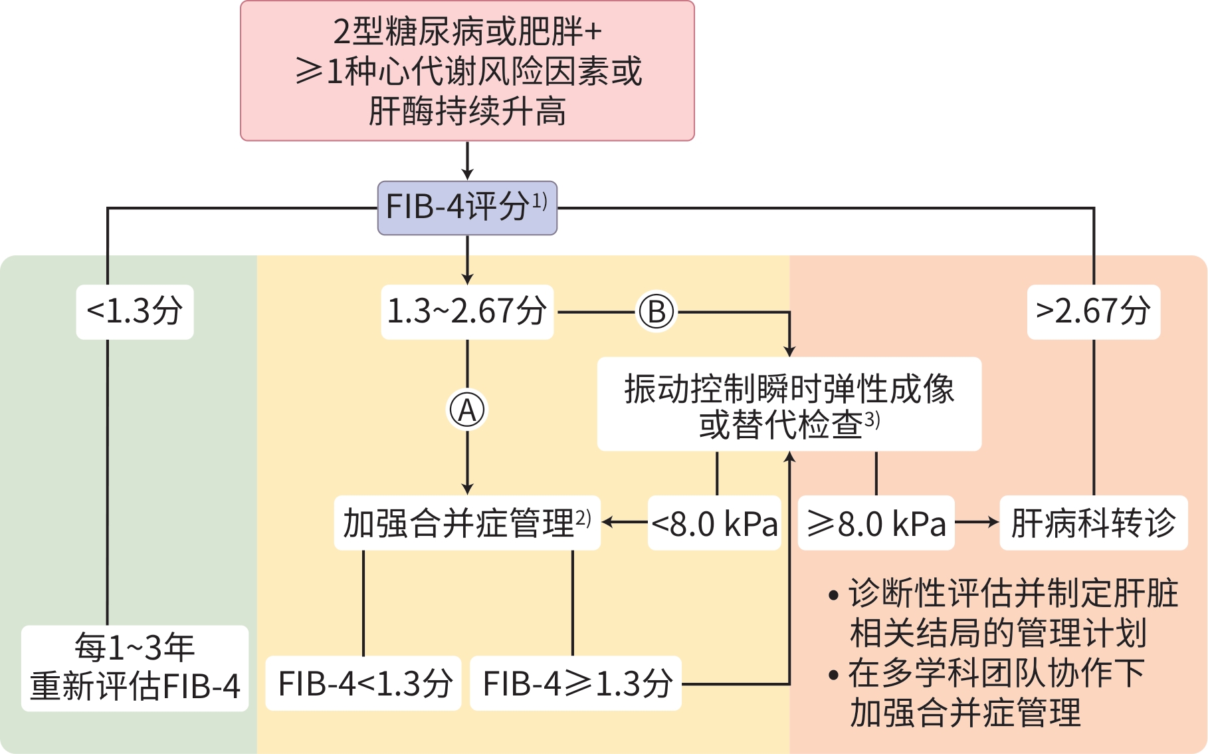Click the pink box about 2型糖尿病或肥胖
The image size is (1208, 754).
tap(467, 70)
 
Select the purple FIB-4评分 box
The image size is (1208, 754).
tap(467, 207)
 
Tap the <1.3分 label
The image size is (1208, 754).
tap(135, 312)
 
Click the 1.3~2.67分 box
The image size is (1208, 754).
tap(467, 312)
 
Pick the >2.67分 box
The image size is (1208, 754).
tap(1094, 312)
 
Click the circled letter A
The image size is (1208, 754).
tap(467, 410)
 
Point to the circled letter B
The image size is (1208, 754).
tap(656, 312)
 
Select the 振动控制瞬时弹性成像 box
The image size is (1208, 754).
tap(789, 404)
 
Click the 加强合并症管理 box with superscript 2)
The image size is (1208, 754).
tap(467, 523)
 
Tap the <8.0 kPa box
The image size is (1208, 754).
tap(714, 523)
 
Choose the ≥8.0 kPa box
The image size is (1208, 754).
tap(876, 523)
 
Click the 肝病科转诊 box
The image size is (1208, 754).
tap(1094, 523)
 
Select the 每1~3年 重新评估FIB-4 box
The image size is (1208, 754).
tap(135, 668)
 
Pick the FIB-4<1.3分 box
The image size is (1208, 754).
tap(364, 684)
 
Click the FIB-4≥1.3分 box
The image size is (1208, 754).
tap(576, 684)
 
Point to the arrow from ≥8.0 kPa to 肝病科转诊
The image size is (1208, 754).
tap(977, 523)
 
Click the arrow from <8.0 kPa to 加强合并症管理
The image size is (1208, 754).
tap(624, 523)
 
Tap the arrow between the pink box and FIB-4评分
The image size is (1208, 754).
tap(467, 161)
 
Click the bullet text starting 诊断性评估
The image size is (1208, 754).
tap(1003, 612)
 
